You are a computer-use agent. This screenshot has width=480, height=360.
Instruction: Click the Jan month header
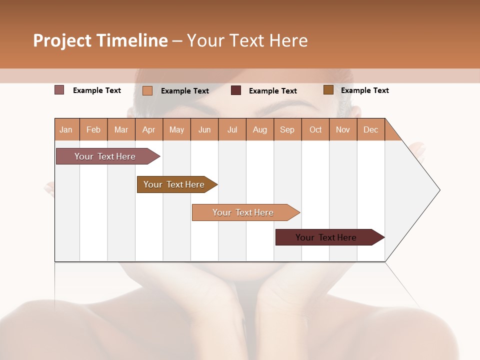pos(66,129)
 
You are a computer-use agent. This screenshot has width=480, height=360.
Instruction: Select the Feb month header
pos(93,129)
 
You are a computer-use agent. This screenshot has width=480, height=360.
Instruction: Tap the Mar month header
pos(121,129)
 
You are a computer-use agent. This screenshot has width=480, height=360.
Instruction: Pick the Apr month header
pos(149,129)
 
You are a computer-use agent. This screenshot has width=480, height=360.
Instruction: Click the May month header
pos(176,129)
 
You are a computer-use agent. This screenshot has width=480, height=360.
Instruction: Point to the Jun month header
pos(204,129)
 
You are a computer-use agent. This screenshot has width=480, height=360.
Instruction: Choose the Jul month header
pos(232,129)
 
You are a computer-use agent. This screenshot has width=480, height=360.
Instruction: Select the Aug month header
pos(260,129)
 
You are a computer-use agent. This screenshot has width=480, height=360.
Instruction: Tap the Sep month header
pos(287,129)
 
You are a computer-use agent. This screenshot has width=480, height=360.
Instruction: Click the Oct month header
pos(315,129)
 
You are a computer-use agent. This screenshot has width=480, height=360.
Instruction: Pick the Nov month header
pos(343,129)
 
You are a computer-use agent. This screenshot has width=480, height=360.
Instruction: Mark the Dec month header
pos(371,129)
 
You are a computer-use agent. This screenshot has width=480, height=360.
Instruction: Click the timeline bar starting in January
pos(105,156)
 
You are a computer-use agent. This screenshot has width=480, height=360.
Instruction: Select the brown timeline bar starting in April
pos(174,184)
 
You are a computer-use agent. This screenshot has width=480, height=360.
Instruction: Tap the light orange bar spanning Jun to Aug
pos(243,212)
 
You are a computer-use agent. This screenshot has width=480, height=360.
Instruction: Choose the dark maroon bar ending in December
pos(326,237)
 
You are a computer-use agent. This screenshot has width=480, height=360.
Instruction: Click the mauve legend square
pos(59,90)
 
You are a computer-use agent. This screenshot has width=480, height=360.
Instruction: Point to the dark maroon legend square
pos(236,90)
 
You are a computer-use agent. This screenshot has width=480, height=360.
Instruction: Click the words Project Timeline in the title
pos(100,40)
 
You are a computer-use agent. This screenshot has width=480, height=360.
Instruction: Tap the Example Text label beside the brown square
pos(364,90)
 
